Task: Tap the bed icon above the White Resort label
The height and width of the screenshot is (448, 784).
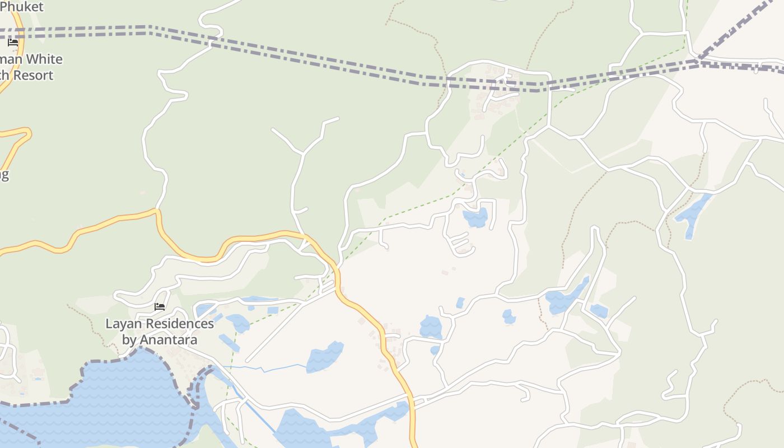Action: coord(13,43)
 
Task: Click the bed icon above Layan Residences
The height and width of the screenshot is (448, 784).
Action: coord(160,307)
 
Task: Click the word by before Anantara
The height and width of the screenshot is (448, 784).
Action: coord(129,340)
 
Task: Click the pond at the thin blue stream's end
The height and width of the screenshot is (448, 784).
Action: coord(325,357)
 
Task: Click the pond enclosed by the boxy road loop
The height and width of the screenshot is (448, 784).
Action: coord(475,217)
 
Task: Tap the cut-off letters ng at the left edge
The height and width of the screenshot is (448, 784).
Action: coord(3,175)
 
